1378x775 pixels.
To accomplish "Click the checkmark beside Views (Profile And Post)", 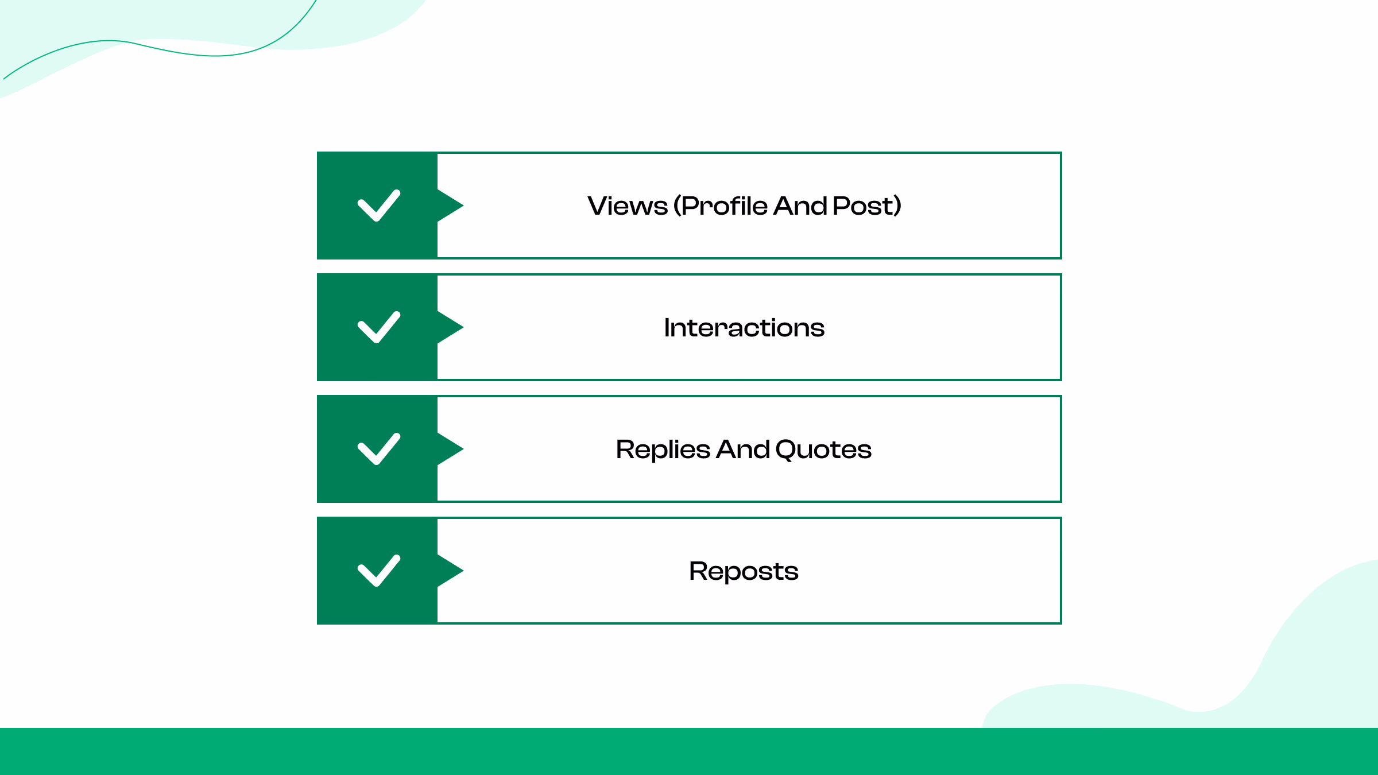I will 379,206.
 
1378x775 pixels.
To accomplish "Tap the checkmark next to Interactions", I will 379,327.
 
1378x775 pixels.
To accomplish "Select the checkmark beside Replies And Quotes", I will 379,449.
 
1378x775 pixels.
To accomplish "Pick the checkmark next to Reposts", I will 379,571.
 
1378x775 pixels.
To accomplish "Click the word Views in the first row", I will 628,206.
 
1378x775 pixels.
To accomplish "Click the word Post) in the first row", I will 867,206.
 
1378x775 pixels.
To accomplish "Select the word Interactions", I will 744,328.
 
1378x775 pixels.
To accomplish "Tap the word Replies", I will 663,449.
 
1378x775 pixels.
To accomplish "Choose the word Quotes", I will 823,449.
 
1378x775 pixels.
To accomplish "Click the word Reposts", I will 744,571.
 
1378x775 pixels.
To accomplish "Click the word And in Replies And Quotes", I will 743,449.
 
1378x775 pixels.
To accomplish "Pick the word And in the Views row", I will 800,206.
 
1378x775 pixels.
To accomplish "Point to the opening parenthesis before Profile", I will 678,206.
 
